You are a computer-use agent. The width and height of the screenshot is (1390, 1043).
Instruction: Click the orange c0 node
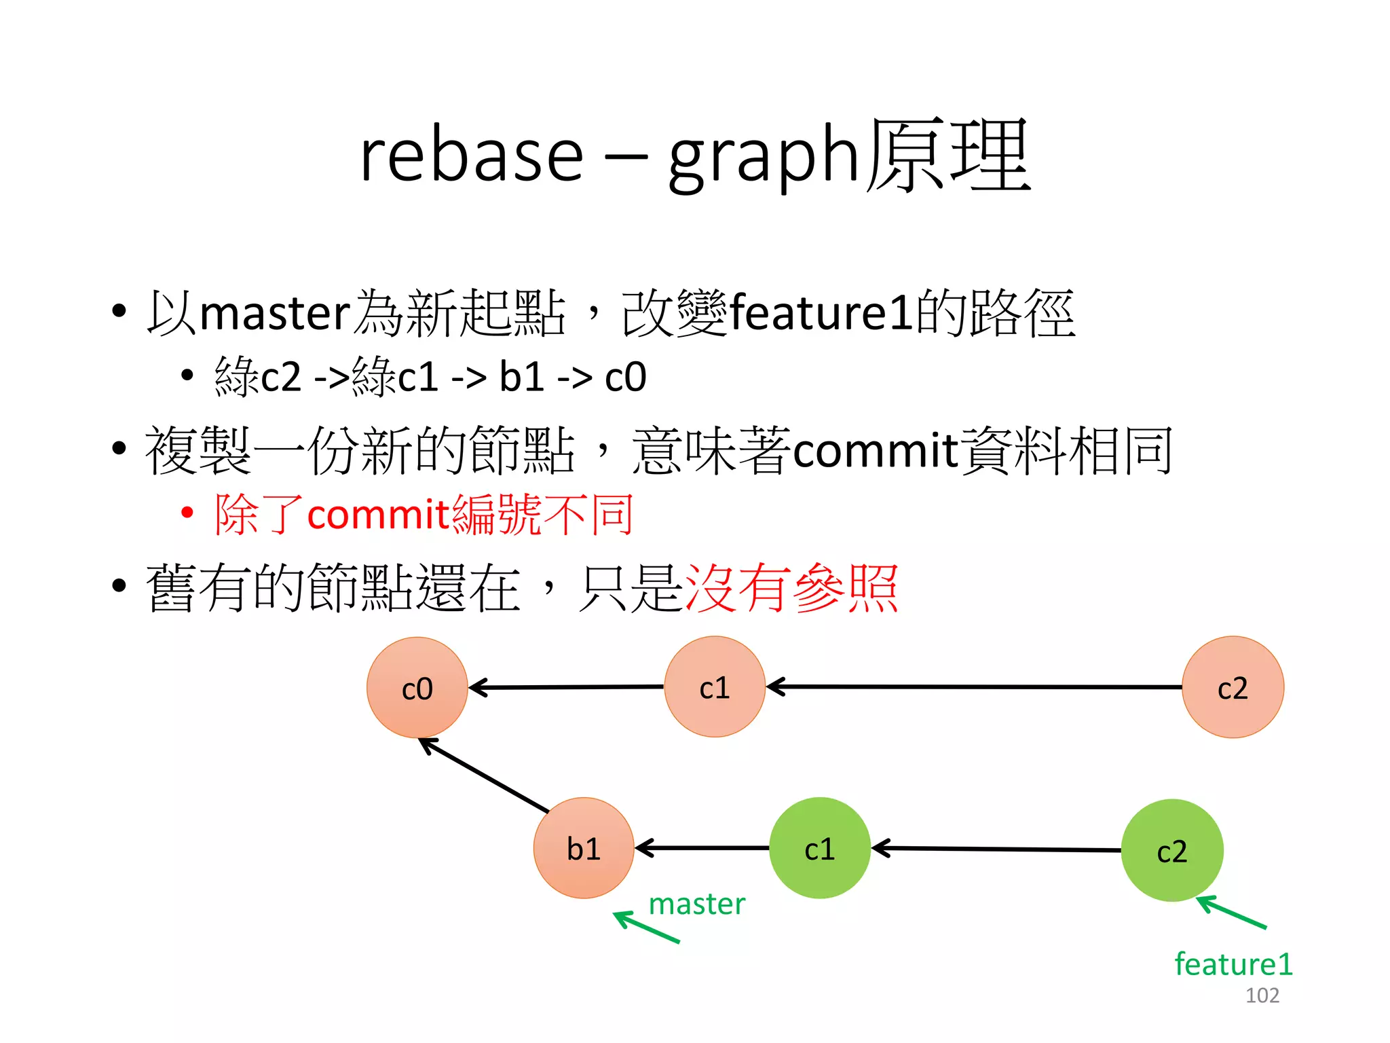click(417, 688)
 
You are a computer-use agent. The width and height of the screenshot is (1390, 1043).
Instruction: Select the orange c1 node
click(715, 687)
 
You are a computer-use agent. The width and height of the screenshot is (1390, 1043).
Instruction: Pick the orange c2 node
click(1233, 687)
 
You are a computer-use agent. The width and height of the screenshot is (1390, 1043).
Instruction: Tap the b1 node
click(584, 848)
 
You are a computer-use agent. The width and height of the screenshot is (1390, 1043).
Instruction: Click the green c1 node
click(819, 848)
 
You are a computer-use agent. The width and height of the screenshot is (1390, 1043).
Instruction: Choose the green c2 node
click(1171, 850)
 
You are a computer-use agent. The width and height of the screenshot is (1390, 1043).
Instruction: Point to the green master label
click(696, 904)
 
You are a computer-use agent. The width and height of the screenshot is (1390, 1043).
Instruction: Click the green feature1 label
click(1233, 964)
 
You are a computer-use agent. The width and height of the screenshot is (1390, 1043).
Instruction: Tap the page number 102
click(1262, 995)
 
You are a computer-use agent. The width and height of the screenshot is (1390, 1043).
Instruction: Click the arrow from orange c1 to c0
click(566, 687)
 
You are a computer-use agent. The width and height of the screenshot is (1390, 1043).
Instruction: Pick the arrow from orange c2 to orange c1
click(974, 687)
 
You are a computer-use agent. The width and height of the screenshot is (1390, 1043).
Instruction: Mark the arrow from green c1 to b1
click(702, 848)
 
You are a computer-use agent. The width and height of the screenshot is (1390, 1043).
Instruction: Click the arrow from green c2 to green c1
click(996, 849)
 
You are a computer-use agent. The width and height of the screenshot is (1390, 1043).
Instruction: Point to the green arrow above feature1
click(1231, 913)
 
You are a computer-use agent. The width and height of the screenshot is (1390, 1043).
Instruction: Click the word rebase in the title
click(471, 156)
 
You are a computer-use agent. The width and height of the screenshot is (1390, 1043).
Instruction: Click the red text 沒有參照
click(791, 588)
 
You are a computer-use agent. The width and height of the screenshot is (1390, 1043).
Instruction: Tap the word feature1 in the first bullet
click(821, 313)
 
